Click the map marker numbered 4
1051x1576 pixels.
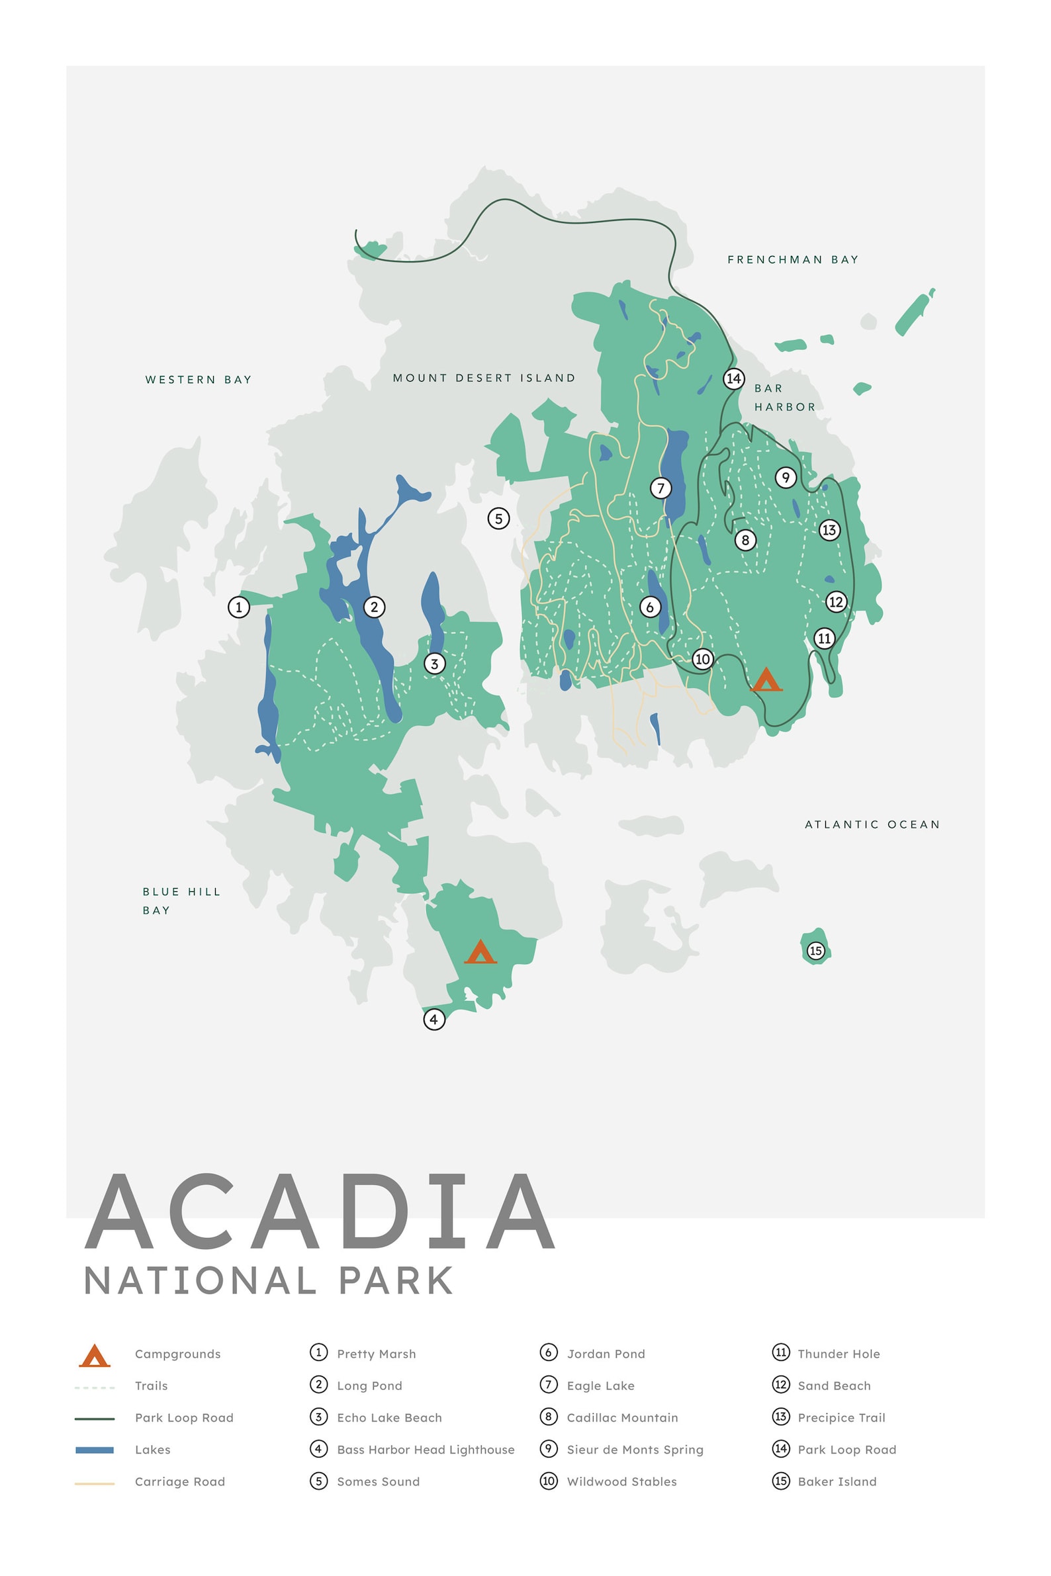tap(434, 1019)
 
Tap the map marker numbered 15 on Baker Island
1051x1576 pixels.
tap(815, 950)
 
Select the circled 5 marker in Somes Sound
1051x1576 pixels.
tap(498, 518)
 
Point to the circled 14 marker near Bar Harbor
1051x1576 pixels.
tap(733, 378)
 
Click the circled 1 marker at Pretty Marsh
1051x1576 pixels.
tap(239, 607)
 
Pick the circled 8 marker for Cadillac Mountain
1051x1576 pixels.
tap(745, 540)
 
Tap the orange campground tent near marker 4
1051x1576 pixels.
tap(480, 952)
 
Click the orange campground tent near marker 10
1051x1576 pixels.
tap(766, 679)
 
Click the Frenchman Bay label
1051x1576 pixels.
tap(792, 259)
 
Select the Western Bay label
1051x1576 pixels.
tap(199, 379)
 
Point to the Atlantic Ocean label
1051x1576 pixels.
tap(872, 824)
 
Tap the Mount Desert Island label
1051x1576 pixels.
tap(483, 378)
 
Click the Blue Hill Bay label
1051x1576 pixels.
tap(181, 900)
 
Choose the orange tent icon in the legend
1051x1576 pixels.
tap(95, 1355)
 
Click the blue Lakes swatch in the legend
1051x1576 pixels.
tap(95, 1450)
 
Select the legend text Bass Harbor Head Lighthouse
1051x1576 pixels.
tap(426, 1450)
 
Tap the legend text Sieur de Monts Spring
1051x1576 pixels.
tap(635, 1450)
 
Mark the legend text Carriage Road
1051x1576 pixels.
tap(179, 1481)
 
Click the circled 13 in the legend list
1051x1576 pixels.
tap(781, 1417)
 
